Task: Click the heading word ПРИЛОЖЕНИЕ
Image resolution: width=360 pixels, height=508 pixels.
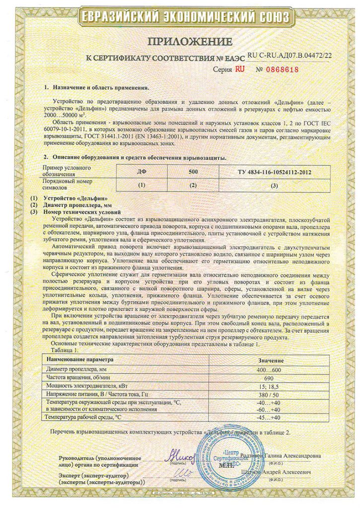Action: (180, 41)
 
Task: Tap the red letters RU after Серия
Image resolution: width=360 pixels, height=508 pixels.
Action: (240, 69)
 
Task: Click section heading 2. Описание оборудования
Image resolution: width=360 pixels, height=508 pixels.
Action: (135, 158)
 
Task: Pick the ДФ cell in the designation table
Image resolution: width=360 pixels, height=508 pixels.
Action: (142, 172)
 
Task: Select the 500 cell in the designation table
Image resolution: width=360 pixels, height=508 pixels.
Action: (193, 172)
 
